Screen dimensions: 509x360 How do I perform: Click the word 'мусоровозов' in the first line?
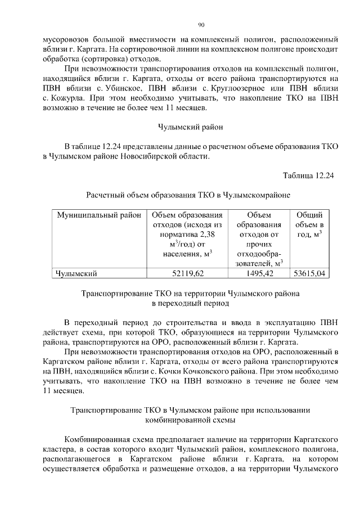65,40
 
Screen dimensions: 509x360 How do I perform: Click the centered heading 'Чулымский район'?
190,128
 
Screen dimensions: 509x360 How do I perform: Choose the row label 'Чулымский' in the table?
76,274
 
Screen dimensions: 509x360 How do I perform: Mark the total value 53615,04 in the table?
309,274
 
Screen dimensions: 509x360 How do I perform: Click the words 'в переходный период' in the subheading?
191,303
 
